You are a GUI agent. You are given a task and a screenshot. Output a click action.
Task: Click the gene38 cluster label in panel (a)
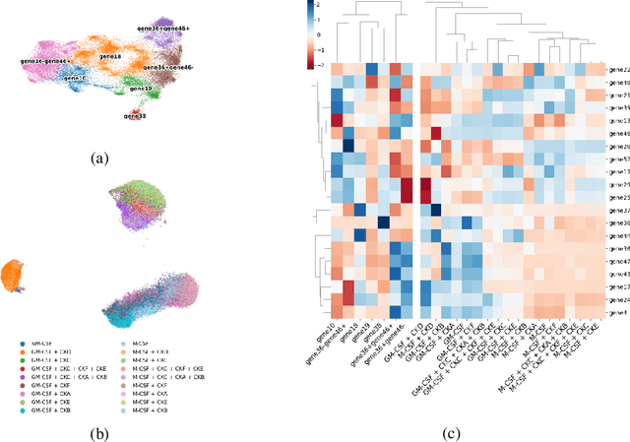[136, 116]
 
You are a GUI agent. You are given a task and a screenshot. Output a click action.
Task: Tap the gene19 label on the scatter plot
[141, 89]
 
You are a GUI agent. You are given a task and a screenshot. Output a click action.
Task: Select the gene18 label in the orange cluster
[111, 58]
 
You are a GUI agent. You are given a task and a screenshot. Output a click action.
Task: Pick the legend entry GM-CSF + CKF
[49, 377]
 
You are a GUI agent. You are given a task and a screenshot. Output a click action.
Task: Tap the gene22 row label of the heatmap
[620, 70]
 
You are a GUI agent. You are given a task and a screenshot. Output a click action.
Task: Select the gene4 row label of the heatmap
[618, 312]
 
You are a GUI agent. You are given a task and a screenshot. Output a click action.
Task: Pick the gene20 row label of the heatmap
[620, 145]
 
